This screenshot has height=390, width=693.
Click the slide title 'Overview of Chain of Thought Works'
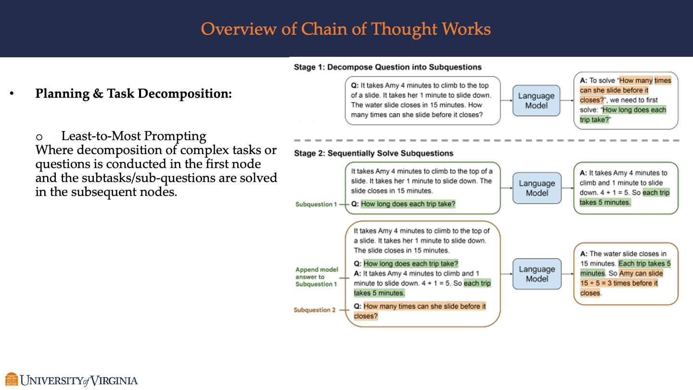[346, 29]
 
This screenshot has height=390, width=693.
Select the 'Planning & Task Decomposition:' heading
[133, 93]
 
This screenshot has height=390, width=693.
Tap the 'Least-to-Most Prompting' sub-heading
[134, 136]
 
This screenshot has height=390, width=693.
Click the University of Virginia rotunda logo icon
[12, 379]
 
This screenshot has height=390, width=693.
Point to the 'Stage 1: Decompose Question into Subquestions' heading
[387, 67]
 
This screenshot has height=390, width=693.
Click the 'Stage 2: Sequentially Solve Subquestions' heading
[373, 154]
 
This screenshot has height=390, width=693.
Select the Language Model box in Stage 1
[536, 101]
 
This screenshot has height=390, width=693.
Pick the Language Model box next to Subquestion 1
[537, 188]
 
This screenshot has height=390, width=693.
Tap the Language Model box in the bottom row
[537, 274]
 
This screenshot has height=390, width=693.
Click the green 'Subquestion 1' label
[316, 205]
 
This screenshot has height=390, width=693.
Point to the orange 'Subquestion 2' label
[315, 310]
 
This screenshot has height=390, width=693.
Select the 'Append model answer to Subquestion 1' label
[317, 277]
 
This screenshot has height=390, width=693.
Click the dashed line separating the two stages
[486, 141]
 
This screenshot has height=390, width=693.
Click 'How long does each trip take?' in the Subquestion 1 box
[408, 204]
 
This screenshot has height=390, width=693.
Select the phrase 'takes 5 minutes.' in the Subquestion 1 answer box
[605, 203]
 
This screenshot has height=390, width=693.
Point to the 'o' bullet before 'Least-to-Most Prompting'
[40, 137]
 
